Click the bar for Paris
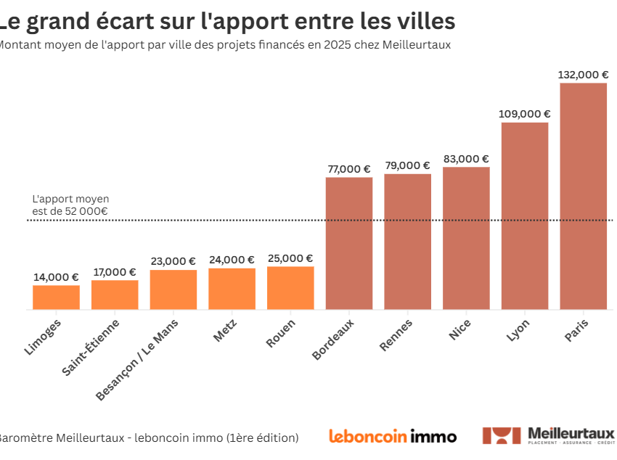(583, 196)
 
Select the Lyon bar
(525, 215)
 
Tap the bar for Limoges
(56, 297)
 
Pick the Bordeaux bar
(349, 243)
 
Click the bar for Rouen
(290, 288)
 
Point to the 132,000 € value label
(583, 74)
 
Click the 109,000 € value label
(524, 113)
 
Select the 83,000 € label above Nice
(466, 159)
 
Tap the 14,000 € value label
(56, 276)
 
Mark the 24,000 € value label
(232, 260)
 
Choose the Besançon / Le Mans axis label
(138, 359)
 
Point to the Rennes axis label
(396, 334)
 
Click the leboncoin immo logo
(393, 436)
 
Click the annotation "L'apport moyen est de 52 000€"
(70, 205)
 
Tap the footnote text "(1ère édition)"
(262, 438)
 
